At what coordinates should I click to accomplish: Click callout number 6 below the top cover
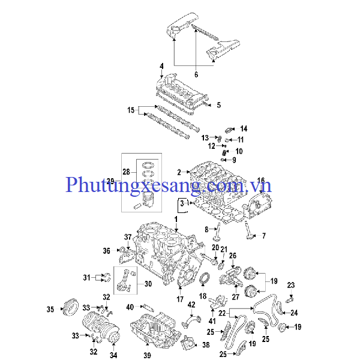pyautogui.click(x=196, y=74)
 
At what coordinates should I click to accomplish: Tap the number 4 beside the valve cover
pyautogui.click(x=161, y=65)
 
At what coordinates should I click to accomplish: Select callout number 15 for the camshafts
pyautogui.click(x=131, y=110)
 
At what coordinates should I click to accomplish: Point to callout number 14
pyautogui.click(x=244, y=128)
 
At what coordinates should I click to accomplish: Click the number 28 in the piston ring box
pyautogui.click(x=126, y=172)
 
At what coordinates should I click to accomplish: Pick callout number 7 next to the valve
pyautogui.click(x=263, y=236)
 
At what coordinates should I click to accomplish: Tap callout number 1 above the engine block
pyautogui.click(x=176, y=220)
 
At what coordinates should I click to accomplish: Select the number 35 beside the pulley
pyautogui.click(x=50, y=310)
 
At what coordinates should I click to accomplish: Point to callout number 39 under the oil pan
pyautogui.click(x=148, y=355)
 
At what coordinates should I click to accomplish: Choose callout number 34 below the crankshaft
pyautogui.click(x=113, y=355)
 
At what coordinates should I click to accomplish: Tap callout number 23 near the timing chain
pyautogui.click(x=291, y=284)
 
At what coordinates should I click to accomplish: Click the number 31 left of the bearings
pyautogui.click(x=86, y=277)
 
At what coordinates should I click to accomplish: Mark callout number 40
pyautogui.click(x=130, y=307)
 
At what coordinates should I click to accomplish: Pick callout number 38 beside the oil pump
pyautogui.click(x=206, y=345)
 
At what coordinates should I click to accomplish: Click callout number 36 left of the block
pyautogui.click(x=106, y=251)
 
